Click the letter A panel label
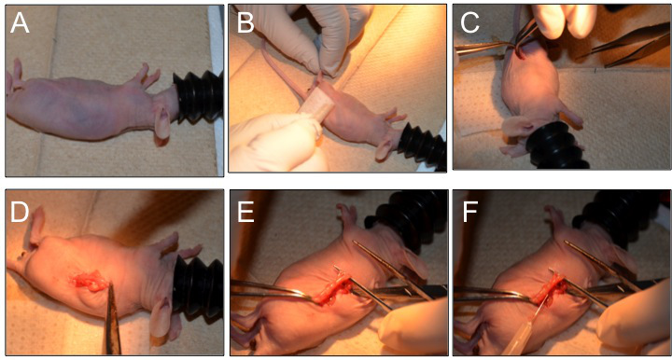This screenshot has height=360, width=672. [x=20, y=22]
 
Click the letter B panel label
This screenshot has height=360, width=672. [x=245, y=22]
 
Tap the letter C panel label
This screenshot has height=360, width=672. [x=469, y=22]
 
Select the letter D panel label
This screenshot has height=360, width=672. [x=20, y=212]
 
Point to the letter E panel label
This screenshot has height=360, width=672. [x=245, y=212]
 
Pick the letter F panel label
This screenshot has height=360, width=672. [x=470, y=212]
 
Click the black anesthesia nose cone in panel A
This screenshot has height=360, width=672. [x=198, y=97]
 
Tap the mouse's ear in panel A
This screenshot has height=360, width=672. [x=162, y=123]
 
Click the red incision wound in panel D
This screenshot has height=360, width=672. [x=89, y=281]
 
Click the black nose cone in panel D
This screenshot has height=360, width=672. [x=198, y=284]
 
